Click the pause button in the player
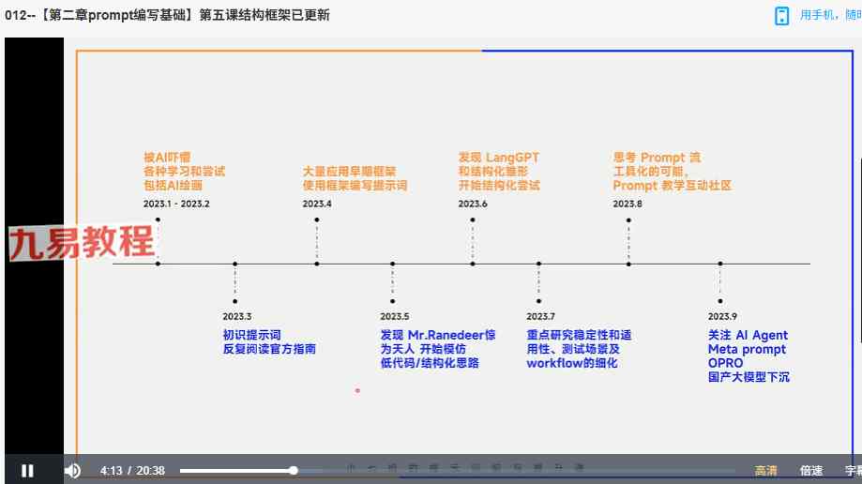pyautogui.click(x=27, y=470)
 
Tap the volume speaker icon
pyautogui.click(x=72, y=470)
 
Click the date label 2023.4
pyautogui.click(x=317, y=204)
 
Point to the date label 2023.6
pyautogui.click(x=473, y=204)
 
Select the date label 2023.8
pyautogui.click(x=628, y=204)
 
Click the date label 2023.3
pyautogui.click(x=237, y=317)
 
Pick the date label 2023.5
pyautogui.click(x=395, y=317)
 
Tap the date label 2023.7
pyautogui.click(x=540, y=317)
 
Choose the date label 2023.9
pyautogui.click(x=722, y=317)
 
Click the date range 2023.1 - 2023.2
pyautogui.click(x=176, y=204)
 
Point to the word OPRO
pyautogui.click(x=726, y=363)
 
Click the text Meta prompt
pyautogui.click(x=747, y=349)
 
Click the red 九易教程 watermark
pyautogui.click(x=82, y=243)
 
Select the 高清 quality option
pyautogui.click(x=765, y=471)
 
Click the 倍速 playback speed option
pyautogui.click(x=811, y=471)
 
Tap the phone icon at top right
pyautogui.click(x=782, y=16)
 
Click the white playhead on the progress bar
pyautogui.click(x=294, y=470)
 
